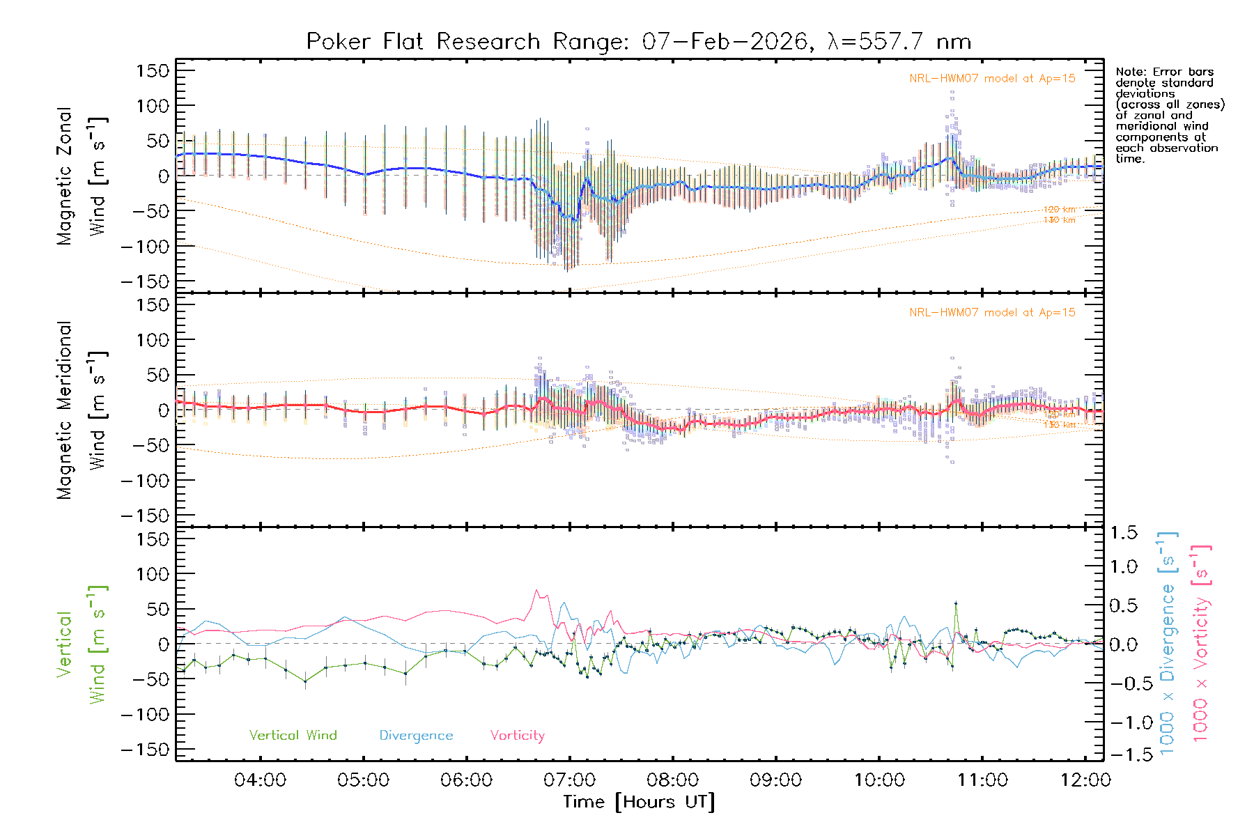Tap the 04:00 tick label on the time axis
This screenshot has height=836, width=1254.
pos(260,780)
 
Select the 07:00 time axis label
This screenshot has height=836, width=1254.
pos(569,780)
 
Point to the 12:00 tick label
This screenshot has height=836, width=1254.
pos(1085,780)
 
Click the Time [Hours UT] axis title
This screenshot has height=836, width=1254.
pos(638,803)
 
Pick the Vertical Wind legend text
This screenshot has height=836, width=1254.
pos(293,736)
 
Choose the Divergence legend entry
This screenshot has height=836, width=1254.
pos(416,736)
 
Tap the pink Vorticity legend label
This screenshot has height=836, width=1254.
pos(517,736)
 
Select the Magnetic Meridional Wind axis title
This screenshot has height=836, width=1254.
pos(82,410)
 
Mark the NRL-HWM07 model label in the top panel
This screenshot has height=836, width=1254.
pos(992,79)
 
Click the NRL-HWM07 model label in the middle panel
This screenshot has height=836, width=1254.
pos(992,313)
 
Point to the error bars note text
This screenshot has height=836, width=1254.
pos(1169,115)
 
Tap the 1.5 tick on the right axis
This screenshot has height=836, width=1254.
pos(1123,533)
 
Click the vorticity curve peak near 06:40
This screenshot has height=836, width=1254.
pos(536,591)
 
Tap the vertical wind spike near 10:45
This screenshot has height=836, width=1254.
pos(956,603)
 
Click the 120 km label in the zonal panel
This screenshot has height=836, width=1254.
pos(1059,210)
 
